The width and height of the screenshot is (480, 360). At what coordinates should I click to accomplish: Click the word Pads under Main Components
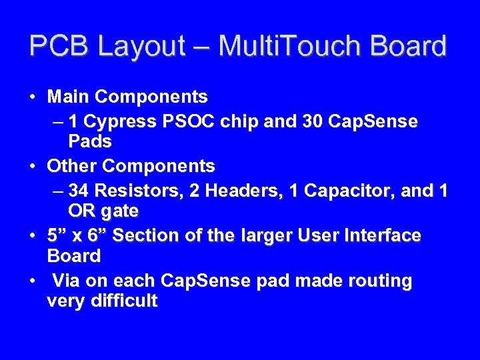coord(90,142)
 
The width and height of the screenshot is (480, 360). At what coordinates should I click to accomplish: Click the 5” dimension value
coord(56,235)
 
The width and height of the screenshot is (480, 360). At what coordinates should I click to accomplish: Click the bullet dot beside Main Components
coord(32,97)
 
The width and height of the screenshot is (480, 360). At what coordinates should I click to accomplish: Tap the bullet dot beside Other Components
coord(32,166)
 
